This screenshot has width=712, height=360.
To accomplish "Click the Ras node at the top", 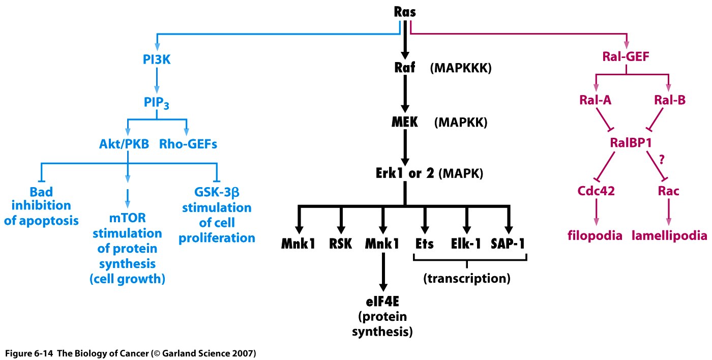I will (x=405, y=13).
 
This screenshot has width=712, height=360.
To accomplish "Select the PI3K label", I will (x=157, y=59).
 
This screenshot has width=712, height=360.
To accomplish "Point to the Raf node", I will (x=405, y=68).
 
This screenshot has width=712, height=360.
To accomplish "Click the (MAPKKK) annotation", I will (x=461, y=68).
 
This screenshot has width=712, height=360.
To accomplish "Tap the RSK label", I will (x=341, y=244).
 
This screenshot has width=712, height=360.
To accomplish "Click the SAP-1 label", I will (x=508, y=244).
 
